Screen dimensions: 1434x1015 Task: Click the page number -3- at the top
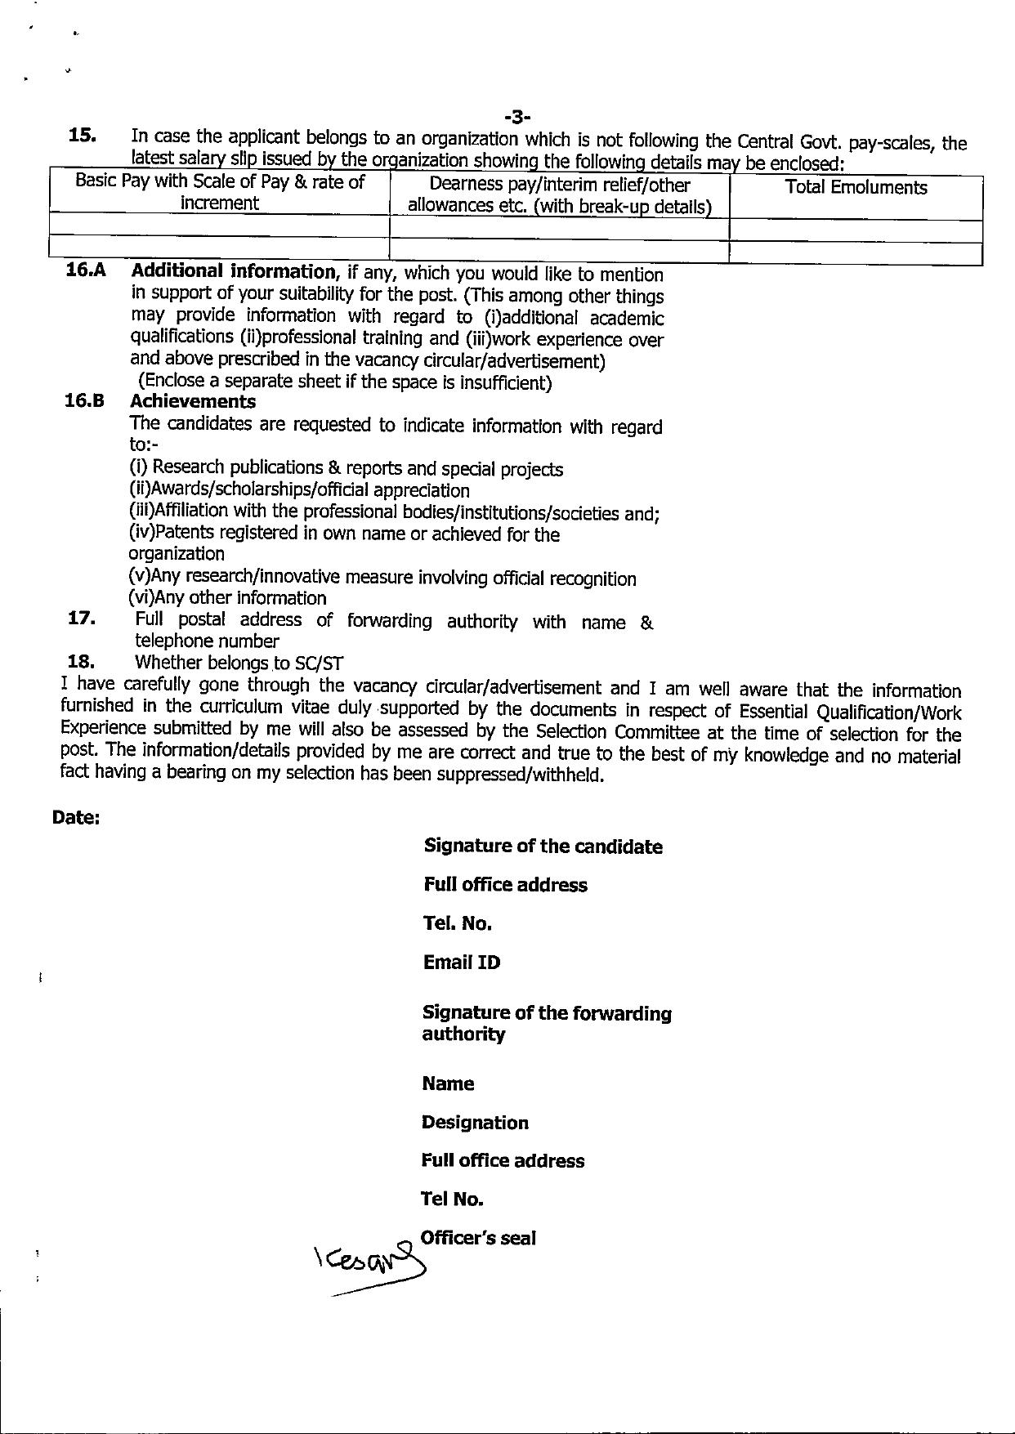[x=518, y=120]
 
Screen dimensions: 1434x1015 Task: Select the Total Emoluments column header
[x=856, y=188]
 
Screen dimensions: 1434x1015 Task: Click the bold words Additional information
[x=233, y=271]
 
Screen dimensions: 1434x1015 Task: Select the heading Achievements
[x=193, y=402]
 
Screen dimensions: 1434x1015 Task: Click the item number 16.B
[x=85, y=402]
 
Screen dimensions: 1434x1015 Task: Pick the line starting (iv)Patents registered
[x=344, y=534]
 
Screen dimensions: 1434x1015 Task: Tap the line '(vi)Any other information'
[x=228, y=598]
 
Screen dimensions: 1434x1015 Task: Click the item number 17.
[x=83, y=619]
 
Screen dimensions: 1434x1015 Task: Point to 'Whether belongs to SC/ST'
[x=239, y=663]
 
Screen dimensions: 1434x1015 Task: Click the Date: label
[x=76, y=817]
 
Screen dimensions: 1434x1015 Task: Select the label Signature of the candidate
[x=543, y=847]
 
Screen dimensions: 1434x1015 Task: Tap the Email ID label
[x=461, y=963]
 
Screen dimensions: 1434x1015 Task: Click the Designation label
[x=475, y=1123]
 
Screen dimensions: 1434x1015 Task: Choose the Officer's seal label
[x=478, y=1238]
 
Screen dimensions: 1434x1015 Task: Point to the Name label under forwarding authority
[x=448, y=1084]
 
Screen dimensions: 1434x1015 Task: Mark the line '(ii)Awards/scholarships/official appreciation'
[x=299, y=490]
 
